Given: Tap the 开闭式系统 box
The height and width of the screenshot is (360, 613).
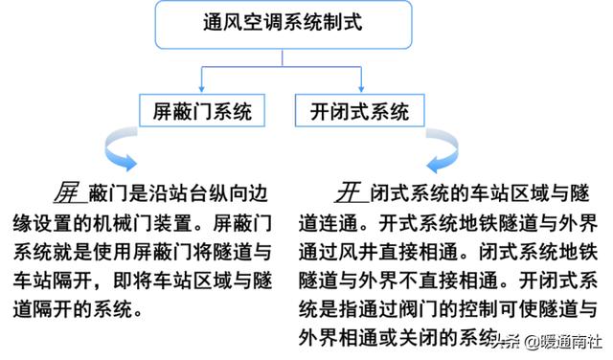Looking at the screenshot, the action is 359,112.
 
